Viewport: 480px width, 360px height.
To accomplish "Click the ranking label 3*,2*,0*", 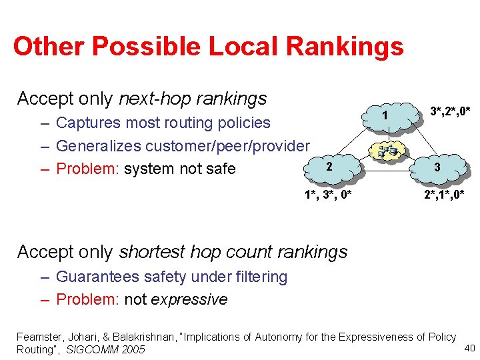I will point(450,110).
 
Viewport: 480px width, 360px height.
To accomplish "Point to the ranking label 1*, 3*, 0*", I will point(328,195).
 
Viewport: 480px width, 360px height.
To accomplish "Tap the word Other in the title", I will point(48,46).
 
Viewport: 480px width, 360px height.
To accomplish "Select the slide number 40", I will point(468,347).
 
